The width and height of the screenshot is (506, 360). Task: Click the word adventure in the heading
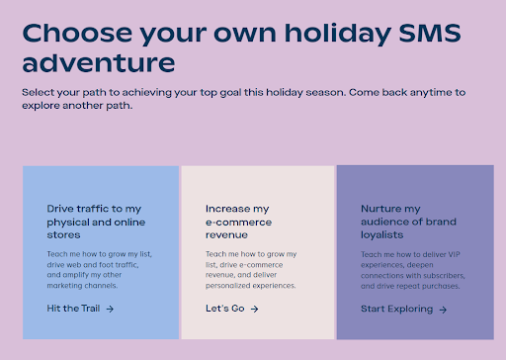pyautogui.click(x=99, y=65)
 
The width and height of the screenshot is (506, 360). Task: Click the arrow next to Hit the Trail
pyautogui.click(x=110, y=309)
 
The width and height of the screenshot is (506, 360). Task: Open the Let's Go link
pyautogui.click(x=224, y=309)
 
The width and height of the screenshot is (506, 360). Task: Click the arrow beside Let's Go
pyautogui.click(x=254, y=309)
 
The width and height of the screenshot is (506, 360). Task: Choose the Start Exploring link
pyautogui.click(x=396, y=309)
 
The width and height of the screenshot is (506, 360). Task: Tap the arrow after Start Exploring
pyautogui.click(x=442, y=309)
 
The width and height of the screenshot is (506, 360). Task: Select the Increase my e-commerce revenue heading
pyautogui.click(x=237, y=222)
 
